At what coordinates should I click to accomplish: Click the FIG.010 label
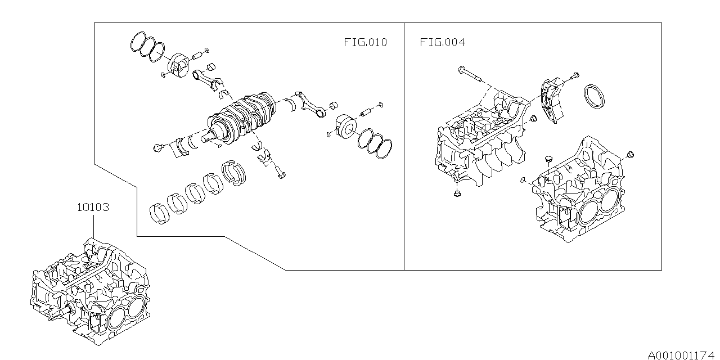click(x=366, y=42)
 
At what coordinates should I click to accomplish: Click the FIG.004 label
click(x=442, y=42)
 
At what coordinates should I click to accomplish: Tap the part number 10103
click(x=93, y=208)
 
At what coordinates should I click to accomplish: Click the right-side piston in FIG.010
click(x=346, y=127)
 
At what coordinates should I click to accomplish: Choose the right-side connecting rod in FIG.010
click(x=310, y=104)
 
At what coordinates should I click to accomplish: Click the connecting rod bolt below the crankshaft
click(x=280, y=172)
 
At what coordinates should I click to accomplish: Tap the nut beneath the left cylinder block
click(x=457, y=193)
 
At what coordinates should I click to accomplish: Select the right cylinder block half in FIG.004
click(x=579, y=190)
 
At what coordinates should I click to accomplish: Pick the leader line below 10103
click(x=93, y=227)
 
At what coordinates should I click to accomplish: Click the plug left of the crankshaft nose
click(x=157, y=148)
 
